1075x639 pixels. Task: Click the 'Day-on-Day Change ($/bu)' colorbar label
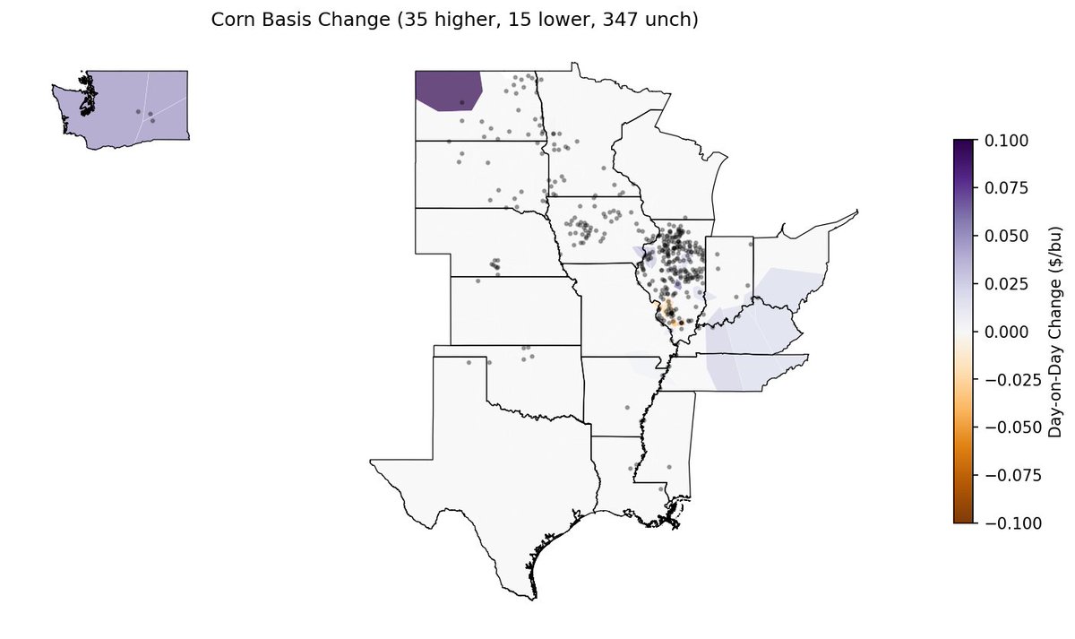click(1054, 332)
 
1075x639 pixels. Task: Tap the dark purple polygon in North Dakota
click(448, 90)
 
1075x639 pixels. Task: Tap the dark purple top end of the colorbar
click(964, 144)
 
